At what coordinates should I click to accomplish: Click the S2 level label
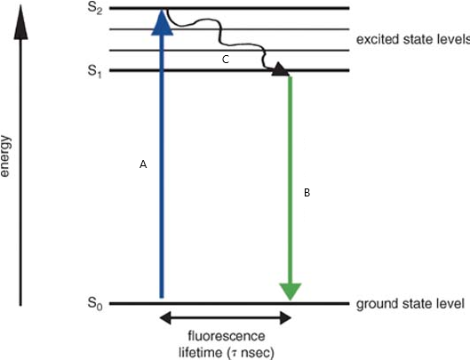point(95,8)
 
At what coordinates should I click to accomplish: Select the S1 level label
point(95,72)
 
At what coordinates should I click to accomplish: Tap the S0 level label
point(95,304)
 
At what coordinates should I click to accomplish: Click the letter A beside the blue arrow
point(143,164)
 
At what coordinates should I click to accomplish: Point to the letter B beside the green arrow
point(307,193)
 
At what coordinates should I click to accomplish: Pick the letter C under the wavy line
point(226,60)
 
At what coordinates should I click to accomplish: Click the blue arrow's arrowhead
point(163,22)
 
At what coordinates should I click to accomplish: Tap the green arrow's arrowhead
point(291,292)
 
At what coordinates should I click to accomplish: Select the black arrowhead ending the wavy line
point(280,69)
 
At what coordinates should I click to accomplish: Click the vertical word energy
point(5,156)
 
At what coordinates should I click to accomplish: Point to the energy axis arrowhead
point(20,22)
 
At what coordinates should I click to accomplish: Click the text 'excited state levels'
point(413,40)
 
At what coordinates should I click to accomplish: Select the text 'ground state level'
point(410,304)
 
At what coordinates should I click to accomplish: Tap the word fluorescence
point(227,336)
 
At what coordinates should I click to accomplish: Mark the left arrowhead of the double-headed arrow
point(165,318)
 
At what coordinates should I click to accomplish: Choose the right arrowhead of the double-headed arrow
point(285,318)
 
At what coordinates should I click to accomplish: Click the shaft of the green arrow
point(291,180)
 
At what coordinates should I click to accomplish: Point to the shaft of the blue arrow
point(162,166)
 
